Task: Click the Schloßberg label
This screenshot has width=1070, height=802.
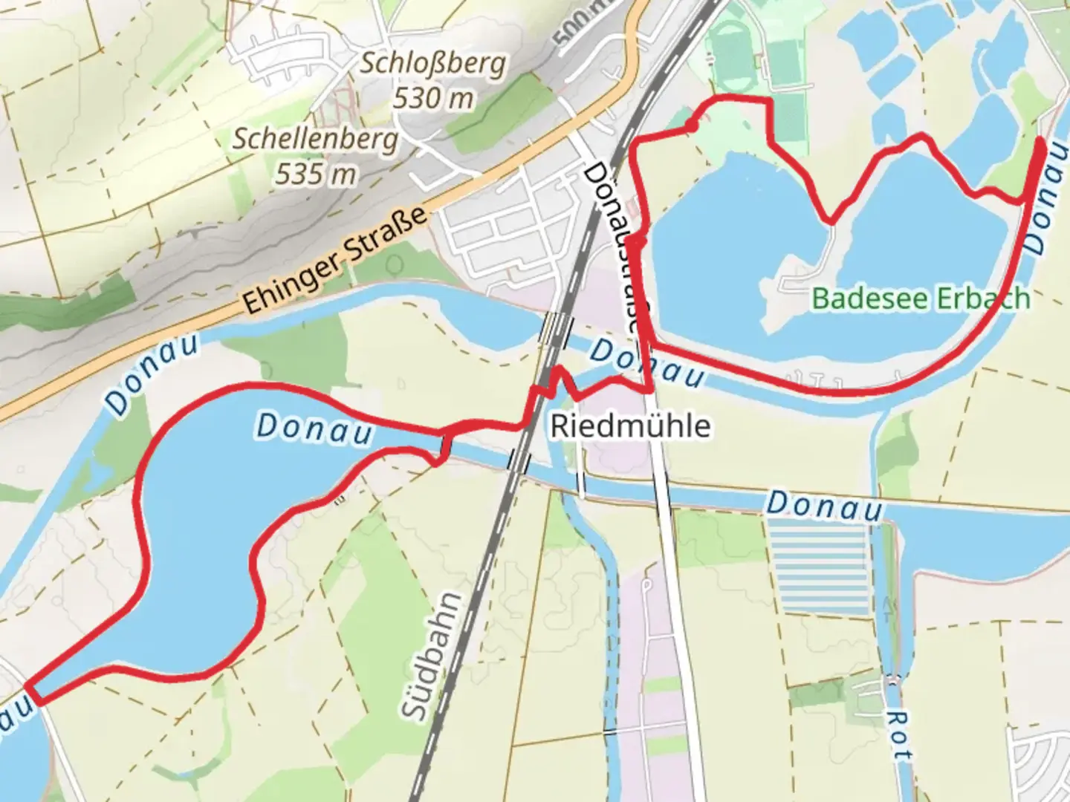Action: [x=433, y=64]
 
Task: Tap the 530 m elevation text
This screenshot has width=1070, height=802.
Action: [x=433, y=97]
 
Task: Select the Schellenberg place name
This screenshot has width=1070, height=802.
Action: [x=316, y=139]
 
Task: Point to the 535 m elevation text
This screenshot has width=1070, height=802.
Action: [x=316, y=174]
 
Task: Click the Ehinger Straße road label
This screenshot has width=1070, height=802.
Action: [x=336, y=260]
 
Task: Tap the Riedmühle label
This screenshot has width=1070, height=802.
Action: [x=630, y=426]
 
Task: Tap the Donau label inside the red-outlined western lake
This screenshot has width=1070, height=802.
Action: [x=314, y=429]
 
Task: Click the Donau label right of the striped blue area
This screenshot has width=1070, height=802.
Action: [x=825, y=506]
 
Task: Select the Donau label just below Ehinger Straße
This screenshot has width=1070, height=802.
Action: [x=152, y=376]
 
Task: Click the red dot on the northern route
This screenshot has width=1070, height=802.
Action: [x=692, y=127]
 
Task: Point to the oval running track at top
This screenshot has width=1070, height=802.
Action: [x=732, y=55]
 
